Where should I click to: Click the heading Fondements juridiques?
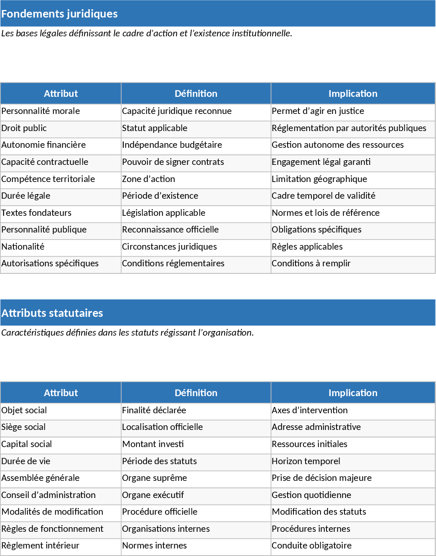coord(59,14)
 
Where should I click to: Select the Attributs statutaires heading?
coord(52,313)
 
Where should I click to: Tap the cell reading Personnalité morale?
coord(41,111)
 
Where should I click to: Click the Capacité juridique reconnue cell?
coord(176,111)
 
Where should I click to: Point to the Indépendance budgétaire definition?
coord(172,145)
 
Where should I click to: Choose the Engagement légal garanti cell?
coord(321,162)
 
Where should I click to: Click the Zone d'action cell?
coord(148,179)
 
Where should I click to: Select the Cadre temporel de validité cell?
coord(324,196)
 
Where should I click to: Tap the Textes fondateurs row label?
coord(36,213)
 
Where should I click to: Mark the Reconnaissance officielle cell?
coord(170,230)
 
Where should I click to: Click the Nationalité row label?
coord(23,247)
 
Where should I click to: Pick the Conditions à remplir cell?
coord(311,263)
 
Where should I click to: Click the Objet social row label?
coord(24,410)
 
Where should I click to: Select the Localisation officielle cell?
coord(162,427)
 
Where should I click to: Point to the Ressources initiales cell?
coord(309,444)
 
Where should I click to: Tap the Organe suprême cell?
coord(154,478)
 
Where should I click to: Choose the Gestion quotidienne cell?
coord(311,495)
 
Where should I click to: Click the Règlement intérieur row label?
coord(40,546)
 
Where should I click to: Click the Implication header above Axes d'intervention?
coord(353,393)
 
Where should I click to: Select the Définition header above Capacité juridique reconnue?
coord(196,94)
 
